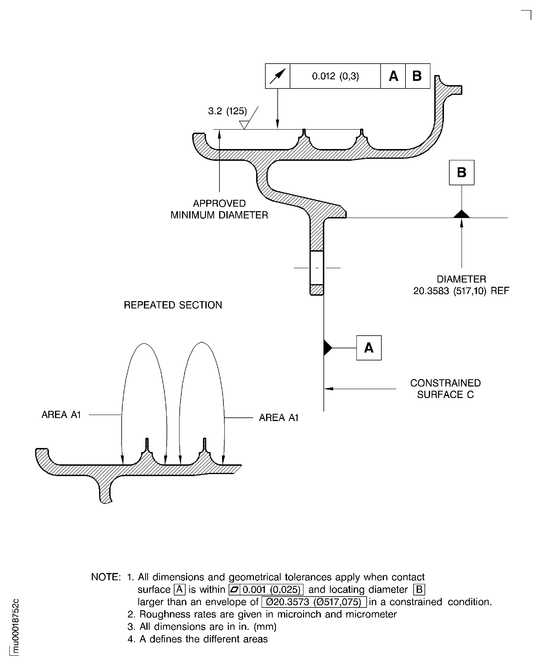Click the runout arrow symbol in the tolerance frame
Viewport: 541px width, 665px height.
[x=277, y=76]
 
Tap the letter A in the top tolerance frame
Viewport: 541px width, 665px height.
[x=393, y=76]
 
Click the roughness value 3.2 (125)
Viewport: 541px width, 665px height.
[x=227, y=111]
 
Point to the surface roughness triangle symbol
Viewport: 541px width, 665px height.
[x=244, y=125]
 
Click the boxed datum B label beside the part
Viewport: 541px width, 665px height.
[x=462, y=172]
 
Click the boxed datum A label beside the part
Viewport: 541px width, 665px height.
[x=369, y=348]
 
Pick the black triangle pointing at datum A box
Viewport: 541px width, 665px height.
[x=328, y=348]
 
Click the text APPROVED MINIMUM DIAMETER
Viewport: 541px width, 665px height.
[x=219, y=209]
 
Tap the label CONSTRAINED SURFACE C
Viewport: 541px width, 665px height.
[x=445, y=389]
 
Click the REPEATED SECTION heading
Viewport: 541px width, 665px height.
[x=173, y=305]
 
